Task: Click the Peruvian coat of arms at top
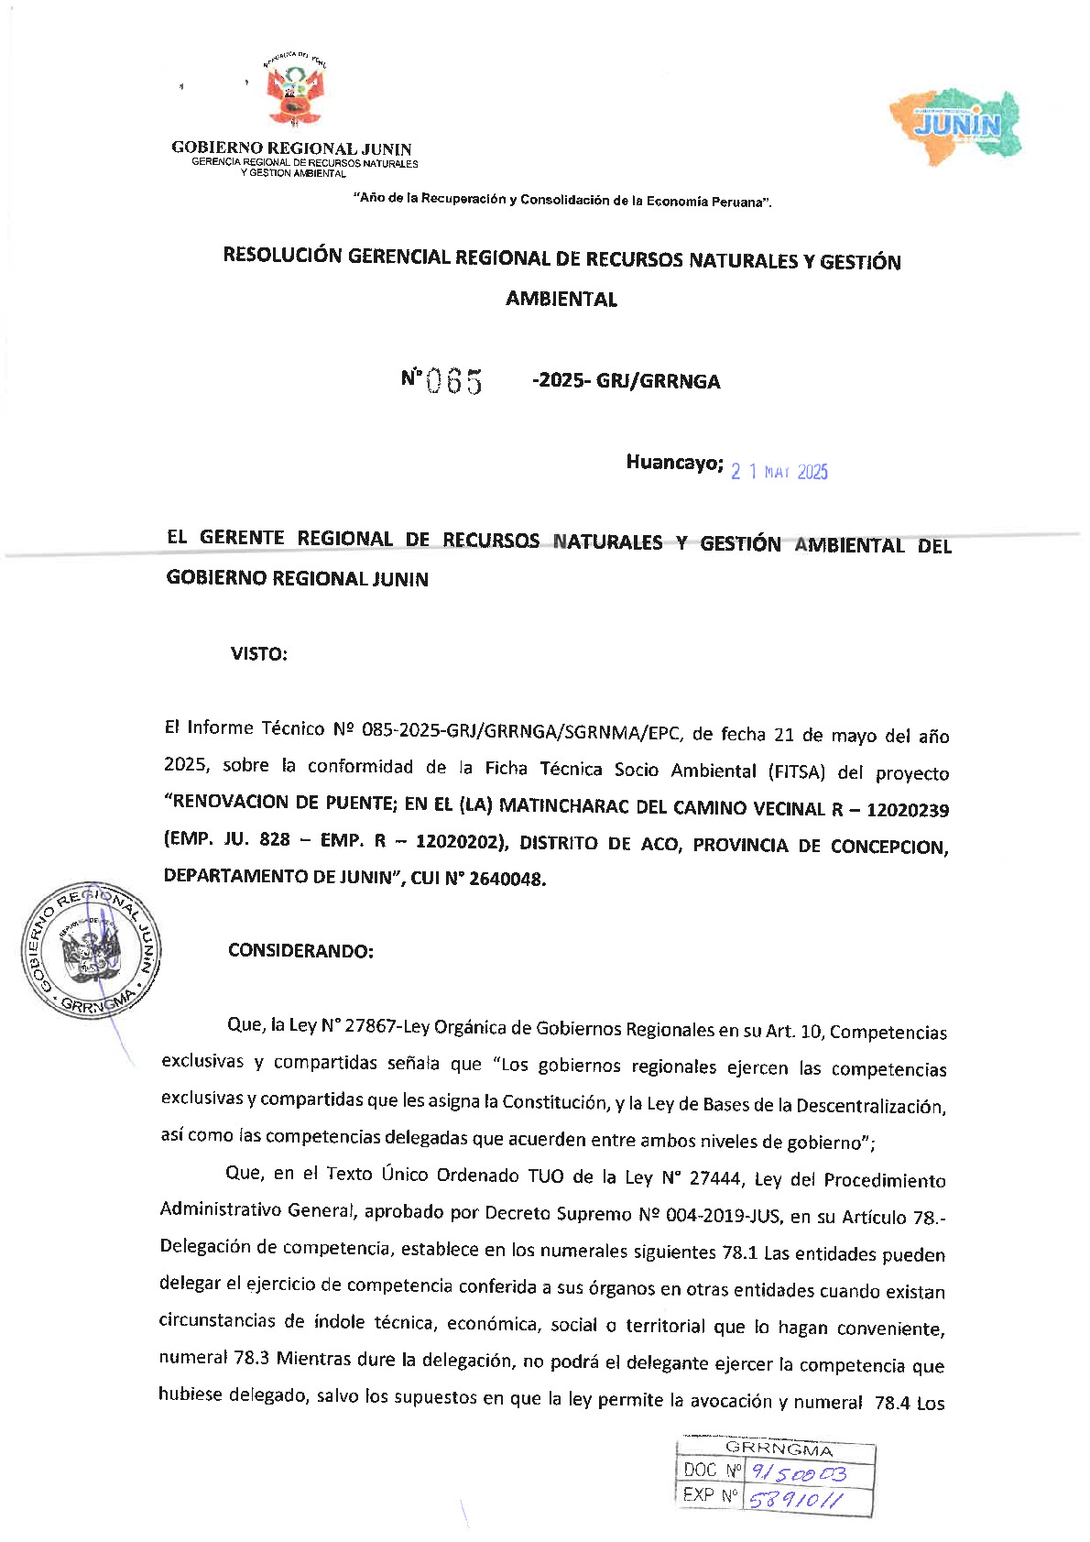coord(294,93)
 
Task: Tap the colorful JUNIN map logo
coord(956,126)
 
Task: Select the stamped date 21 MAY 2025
coord(779,472)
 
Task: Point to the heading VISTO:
coord(259,654)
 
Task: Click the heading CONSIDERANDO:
coord(300,951)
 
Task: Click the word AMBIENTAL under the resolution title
coord(561,300)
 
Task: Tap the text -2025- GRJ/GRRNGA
coord(627,381)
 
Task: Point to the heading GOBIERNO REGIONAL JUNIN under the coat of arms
coord(291,148)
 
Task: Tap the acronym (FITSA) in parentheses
coord(797,771)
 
